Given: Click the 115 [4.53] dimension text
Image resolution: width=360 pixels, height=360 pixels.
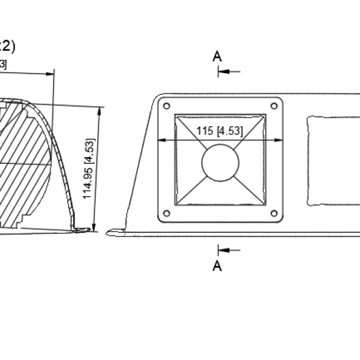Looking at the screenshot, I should [x=220, y=132].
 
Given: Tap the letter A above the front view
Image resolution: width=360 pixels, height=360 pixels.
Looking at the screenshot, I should [x=217, y=56].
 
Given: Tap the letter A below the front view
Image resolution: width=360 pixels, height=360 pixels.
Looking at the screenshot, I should [x=217, y=265].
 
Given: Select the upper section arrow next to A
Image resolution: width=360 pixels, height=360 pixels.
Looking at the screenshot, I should [x=229, y=71].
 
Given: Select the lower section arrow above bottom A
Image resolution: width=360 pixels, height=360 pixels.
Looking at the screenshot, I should [x=229, y=250].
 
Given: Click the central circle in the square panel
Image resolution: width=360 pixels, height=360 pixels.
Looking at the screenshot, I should [x=220, y=163].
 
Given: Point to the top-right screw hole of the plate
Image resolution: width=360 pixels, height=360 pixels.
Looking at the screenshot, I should [x=274, y=106].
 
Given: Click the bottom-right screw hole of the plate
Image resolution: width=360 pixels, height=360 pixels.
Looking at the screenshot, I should [x=274, y=213].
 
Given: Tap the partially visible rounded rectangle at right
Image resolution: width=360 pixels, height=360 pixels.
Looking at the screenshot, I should [x=333, y=161].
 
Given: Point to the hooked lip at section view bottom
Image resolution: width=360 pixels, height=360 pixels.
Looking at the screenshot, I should [x=78, y=228].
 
